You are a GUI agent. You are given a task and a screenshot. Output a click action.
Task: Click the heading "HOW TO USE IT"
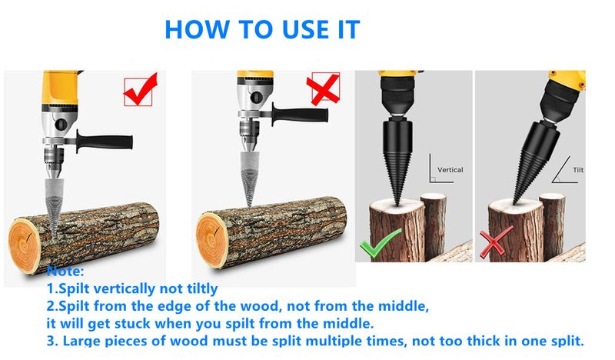click(x=262, y=29)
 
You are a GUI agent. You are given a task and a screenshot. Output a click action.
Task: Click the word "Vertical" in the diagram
click(x=450, y=169)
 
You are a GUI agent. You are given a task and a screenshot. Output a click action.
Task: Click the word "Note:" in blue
click(x=65, y=272)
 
